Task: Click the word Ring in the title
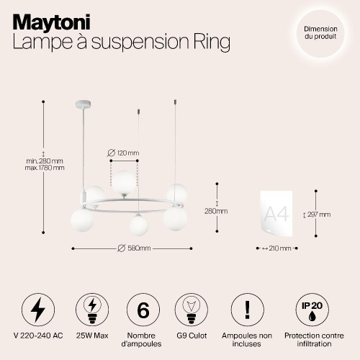point(210,43)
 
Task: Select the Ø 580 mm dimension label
point(134,248)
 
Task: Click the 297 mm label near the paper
point(320,214)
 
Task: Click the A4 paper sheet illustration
point(277,213)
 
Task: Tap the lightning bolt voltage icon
point(37,310)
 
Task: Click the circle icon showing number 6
point(143,310)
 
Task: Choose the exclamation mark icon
point(248,310)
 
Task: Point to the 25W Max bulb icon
point(91,310)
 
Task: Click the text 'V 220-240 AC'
point(37,336)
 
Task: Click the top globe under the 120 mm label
point(127,180)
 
